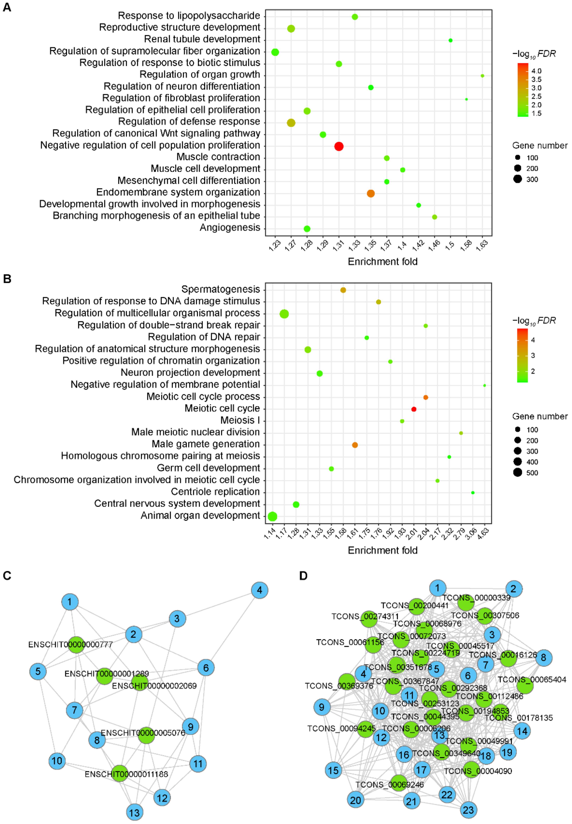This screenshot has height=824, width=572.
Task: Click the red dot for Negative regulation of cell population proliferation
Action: point(339,146)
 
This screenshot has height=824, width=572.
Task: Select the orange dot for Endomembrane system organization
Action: point(371,194)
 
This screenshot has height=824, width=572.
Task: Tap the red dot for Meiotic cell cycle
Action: point(414,409)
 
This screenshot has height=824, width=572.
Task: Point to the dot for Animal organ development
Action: point(272,516)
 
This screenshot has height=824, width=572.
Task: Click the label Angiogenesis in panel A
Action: point(230,228)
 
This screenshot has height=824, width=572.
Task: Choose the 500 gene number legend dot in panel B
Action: point(518,473)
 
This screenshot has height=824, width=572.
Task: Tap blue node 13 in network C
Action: point(135,812)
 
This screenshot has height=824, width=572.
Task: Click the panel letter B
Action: point(7,279)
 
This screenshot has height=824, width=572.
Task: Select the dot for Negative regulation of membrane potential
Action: point(485,386)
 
